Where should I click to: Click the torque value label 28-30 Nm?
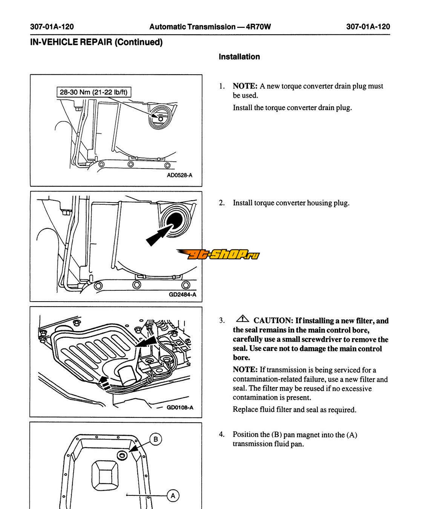(x=95, y=92)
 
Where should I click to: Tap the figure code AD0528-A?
(x=179, y=175)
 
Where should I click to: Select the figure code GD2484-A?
(x=182, y=294)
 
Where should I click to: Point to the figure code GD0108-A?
(x=180, y=407)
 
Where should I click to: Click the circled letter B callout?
(x=155, y=439)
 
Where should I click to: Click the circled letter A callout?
(x=173, y=495)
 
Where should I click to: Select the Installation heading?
(x=239, y=57)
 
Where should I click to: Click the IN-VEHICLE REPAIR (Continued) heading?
(x=96, y=42)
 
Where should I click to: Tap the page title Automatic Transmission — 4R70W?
(x=210, y=27)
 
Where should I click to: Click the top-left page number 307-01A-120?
(x=52, y=27)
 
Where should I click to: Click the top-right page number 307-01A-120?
(x=368, y=27)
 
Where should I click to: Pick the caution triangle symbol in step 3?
(x=242, y=319)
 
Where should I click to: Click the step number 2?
(x=222, y=203)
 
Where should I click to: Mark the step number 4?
(x=222, y=434)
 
